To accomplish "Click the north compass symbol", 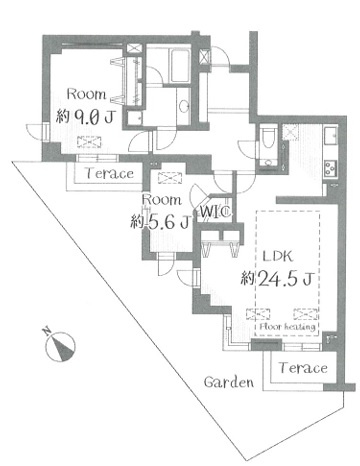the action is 60,347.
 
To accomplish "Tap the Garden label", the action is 229,382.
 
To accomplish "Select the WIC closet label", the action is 216,211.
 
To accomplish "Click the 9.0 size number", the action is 85,117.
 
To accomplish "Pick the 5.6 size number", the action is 161,222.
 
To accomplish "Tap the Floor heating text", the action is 287,327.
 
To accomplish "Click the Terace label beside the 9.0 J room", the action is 109,173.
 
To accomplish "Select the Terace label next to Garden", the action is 303,368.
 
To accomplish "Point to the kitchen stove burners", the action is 331,168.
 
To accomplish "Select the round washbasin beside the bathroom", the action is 184,106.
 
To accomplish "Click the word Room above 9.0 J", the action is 86,94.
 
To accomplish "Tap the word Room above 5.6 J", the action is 162,200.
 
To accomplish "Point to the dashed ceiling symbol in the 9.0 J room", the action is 89,142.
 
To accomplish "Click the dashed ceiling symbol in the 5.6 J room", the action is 170,178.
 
